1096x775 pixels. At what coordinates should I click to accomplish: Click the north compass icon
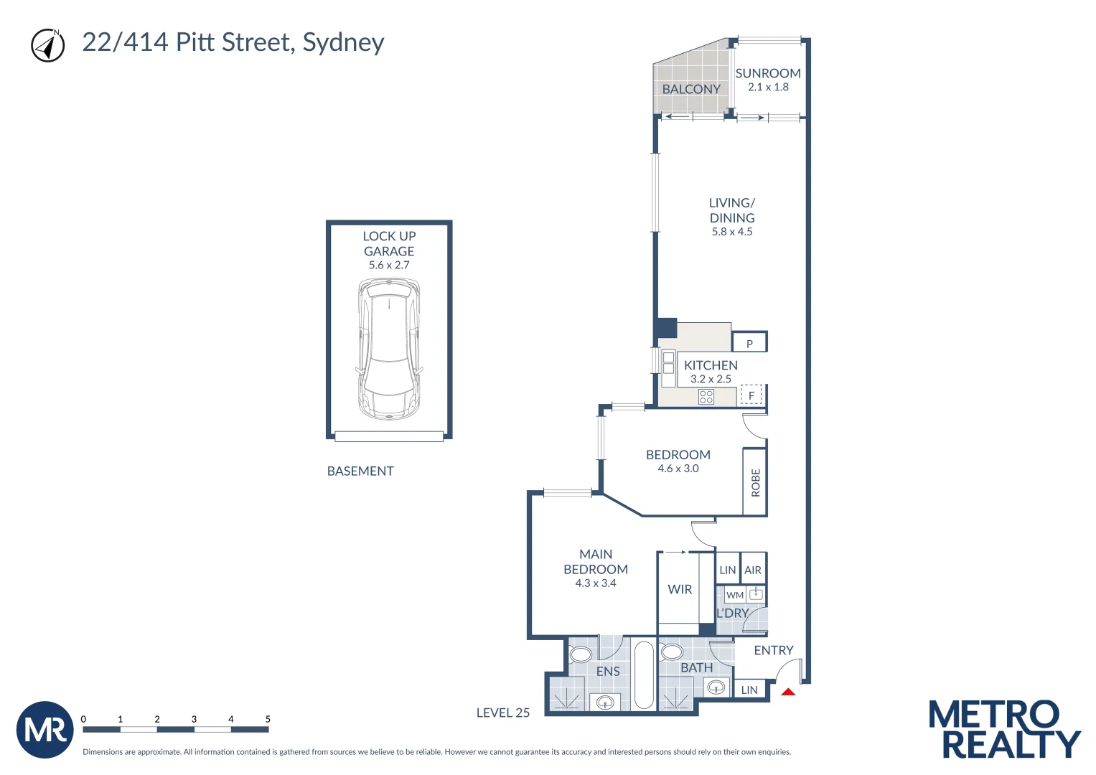coord(47,45)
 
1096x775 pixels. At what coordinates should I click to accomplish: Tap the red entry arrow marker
coord(788,692)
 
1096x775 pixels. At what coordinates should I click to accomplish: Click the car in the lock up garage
coord(388,349)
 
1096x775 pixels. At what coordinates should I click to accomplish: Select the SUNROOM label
coord(767,73)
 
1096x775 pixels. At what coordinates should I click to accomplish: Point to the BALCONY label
coord(690,89)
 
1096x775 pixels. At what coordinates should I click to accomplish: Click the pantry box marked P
coord(749,343)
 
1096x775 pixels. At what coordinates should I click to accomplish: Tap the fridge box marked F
coord(751,395)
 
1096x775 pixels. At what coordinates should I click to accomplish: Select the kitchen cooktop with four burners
coord(706,396)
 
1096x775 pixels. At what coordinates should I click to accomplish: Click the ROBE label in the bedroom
coord(755,482)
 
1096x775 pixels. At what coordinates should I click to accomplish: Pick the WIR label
coord(679,589)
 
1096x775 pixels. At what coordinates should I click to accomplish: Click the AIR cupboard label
coord(752,570)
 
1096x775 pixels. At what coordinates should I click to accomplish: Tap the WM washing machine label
coord(734,595)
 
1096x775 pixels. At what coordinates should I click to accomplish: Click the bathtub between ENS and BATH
coord(644,675)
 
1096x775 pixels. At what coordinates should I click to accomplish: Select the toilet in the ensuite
coord(580,654)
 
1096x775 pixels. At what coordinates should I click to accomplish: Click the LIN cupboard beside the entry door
coord(749,690)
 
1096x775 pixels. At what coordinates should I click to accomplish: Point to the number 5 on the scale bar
coord(268,718)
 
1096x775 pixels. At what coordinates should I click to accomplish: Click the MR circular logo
coord(45,730)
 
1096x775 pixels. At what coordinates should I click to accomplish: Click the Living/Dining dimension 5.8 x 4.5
coord(731,232)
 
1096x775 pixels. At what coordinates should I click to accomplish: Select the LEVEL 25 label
coord(502,713)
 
